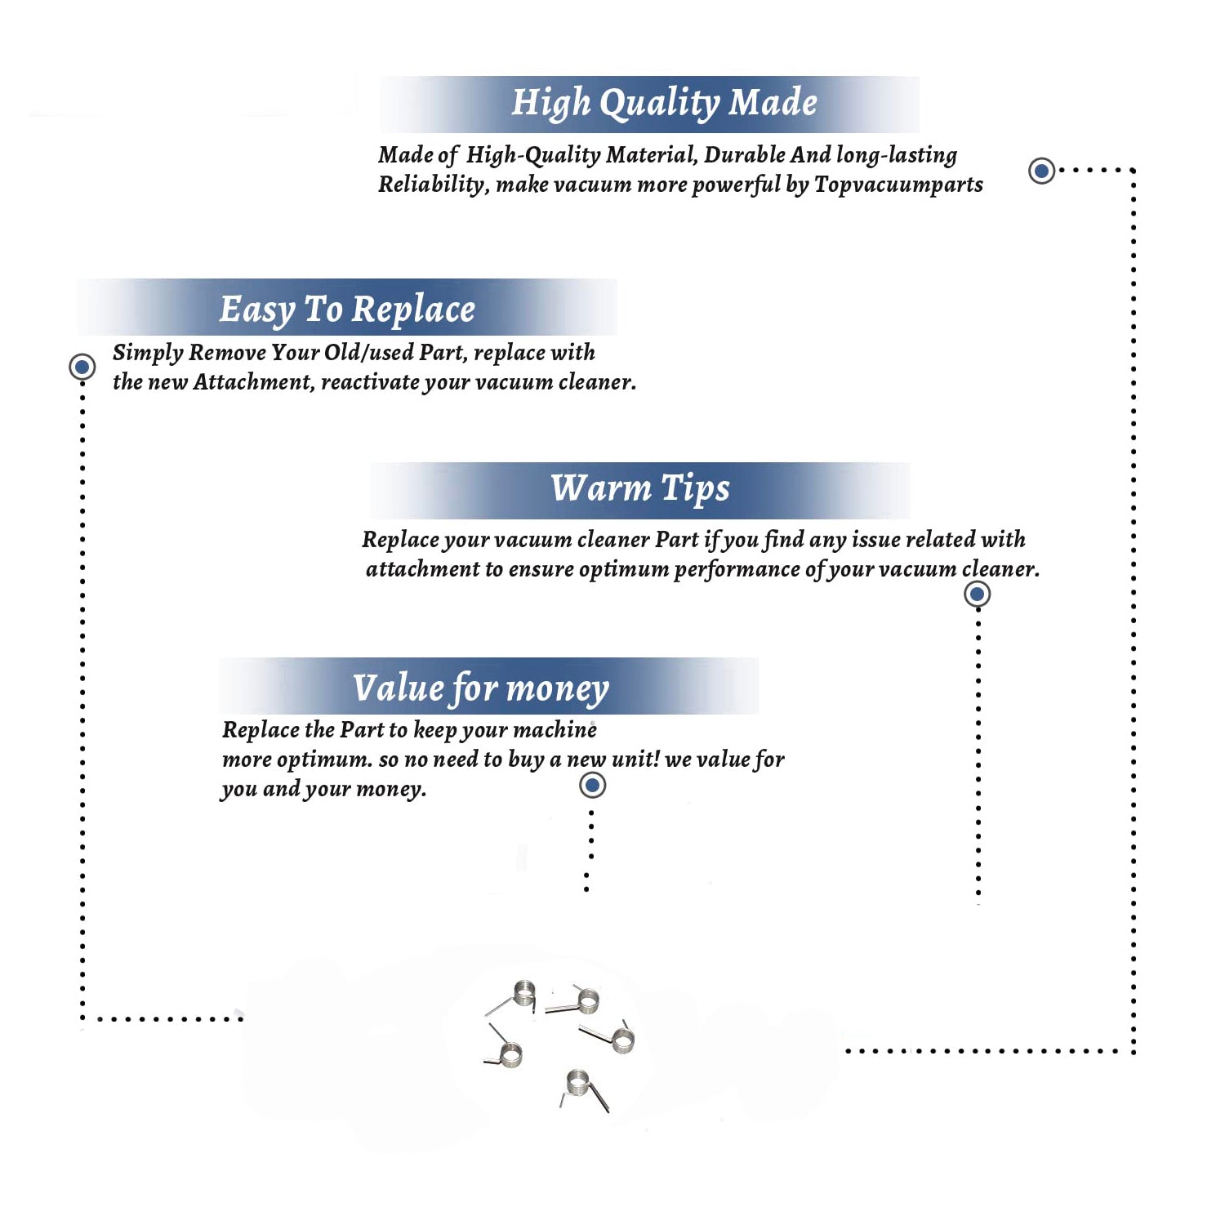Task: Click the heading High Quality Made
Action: pyautogui.click(x=664, y=104)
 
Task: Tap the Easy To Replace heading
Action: pyautogui.click(x=347, y=310)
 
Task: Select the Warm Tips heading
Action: pyautogui.click(x=640, y=489)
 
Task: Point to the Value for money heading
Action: pyautogui.click(x=481, y=688)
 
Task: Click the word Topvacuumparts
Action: pyautogui.click(x=898, y=185)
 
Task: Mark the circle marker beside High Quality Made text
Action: pyautogui.click(x=1041, y=171)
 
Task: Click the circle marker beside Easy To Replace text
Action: pyautogui.click(x=82, y=367)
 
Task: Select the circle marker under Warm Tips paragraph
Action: pyautogui.click(x=978, y=594)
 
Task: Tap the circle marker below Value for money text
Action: pyautogui.click(x=592, y=786)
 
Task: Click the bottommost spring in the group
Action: pyautogui.click(x=584, y=1089)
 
